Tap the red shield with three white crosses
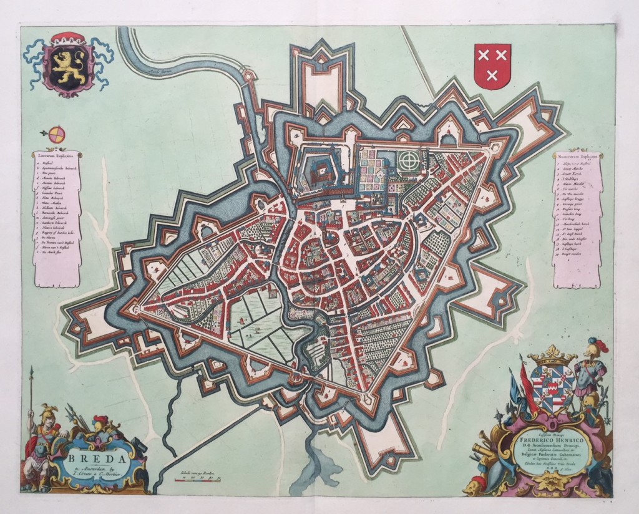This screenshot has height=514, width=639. point(492,65)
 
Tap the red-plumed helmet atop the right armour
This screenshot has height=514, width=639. point(593,345)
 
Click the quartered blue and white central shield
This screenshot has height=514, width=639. point(552,387)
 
